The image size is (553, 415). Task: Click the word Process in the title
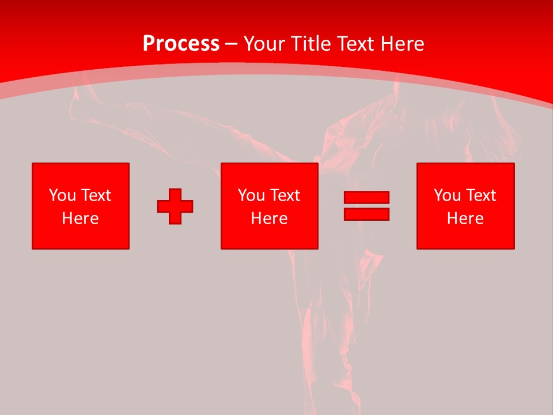181,44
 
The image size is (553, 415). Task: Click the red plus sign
175,206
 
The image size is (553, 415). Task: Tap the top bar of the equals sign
366,198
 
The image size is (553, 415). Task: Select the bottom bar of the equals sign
366,214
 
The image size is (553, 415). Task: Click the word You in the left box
62,195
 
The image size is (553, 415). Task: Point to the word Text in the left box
95,195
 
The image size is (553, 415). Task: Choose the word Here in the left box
80,218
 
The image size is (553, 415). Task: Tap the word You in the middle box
251,195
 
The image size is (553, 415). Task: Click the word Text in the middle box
284,195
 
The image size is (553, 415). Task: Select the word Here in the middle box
269,218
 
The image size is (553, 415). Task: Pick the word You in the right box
447,195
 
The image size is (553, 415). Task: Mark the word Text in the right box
480,195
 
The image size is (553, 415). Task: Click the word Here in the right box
465,218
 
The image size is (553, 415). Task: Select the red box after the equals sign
465,236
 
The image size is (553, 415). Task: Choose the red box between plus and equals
269,236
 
